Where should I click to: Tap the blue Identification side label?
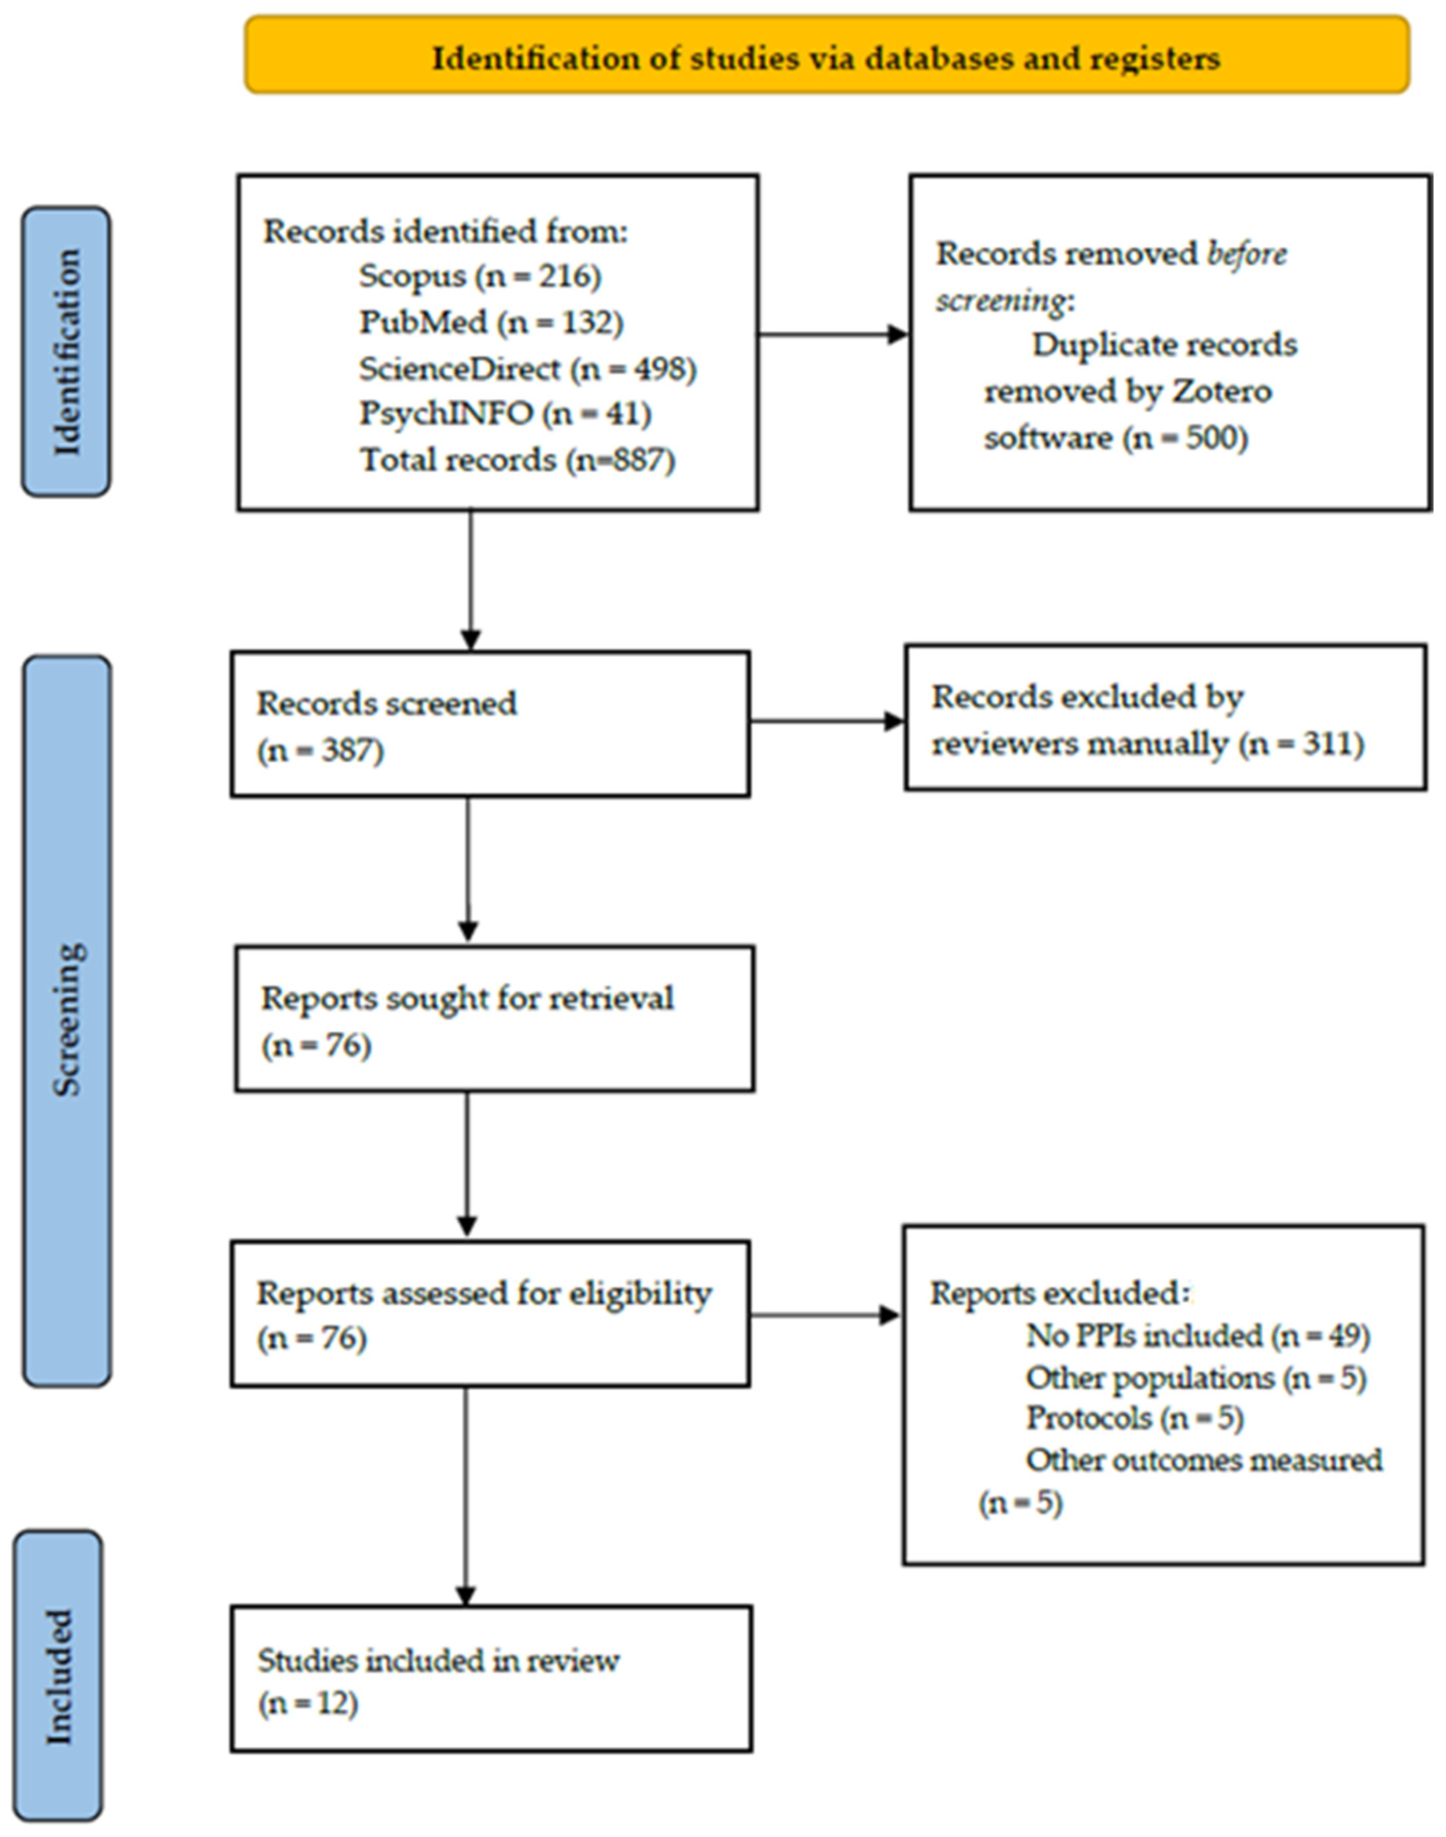click(x=66, y=352)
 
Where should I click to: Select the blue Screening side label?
click(x=68, y=1020)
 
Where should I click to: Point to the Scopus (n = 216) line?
click(x=479, y=276)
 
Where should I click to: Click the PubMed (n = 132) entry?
click(x=491, y=323)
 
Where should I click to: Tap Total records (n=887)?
click(x=517, y=460)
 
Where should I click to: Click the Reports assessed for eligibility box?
click(x=490, y=1315)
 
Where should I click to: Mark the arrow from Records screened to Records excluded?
click(x=827, y=722)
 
